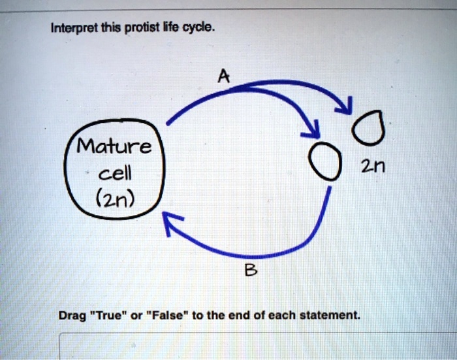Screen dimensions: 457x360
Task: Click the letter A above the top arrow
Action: (224, 76)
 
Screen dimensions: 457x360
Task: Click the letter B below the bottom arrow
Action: (251, 270)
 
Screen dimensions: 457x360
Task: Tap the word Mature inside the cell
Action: (114, 146)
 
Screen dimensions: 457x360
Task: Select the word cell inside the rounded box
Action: (116, 173)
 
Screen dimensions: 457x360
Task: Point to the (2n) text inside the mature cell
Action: (115, 199)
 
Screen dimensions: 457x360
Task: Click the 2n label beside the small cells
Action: (373, 167)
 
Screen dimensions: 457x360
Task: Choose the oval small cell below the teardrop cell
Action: (325, 161)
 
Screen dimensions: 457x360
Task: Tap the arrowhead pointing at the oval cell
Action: (313, 129)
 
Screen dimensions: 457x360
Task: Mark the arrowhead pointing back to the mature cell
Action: (171, 223)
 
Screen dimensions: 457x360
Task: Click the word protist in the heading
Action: (142, 29)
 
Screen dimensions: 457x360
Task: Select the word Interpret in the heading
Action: (75, 29)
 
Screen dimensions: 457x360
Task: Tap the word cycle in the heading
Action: (198, 28)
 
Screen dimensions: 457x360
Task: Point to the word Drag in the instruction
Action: (72, 316)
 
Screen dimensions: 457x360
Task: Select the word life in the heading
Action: (171, 27)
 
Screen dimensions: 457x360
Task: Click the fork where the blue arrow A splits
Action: (238, 88)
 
